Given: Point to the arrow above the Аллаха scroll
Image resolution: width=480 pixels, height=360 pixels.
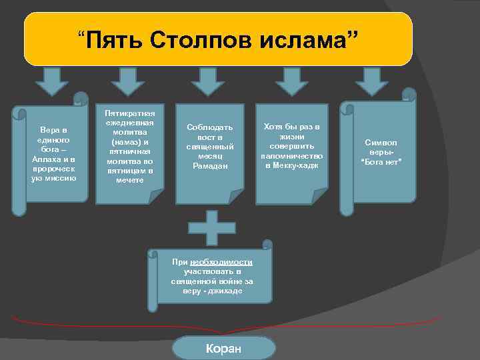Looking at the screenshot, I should point(51,81).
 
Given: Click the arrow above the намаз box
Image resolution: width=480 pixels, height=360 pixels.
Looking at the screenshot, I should point(128,81).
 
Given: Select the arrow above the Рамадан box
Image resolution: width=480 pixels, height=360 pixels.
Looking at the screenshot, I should point(207,81).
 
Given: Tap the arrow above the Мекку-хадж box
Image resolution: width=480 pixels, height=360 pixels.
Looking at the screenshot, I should point(291,81).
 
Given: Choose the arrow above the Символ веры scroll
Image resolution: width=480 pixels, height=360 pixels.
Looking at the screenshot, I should point(371,81).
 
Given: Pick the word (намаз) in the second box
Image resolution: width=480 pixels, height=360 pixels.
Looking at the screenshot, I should point(131,142).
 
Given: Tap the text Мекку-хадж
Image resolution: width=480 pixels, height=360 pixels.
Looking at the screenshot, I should point(291,165).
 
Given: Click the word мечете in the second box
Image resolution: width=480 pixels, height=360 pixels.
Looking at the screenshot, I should point(129,180).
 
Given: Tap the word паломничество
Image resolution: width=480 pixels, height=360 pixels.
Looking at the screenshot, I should point(291,155).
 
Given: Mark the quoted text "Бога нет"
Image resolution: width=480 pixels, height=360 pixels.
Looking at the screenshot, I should point(381,161).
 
